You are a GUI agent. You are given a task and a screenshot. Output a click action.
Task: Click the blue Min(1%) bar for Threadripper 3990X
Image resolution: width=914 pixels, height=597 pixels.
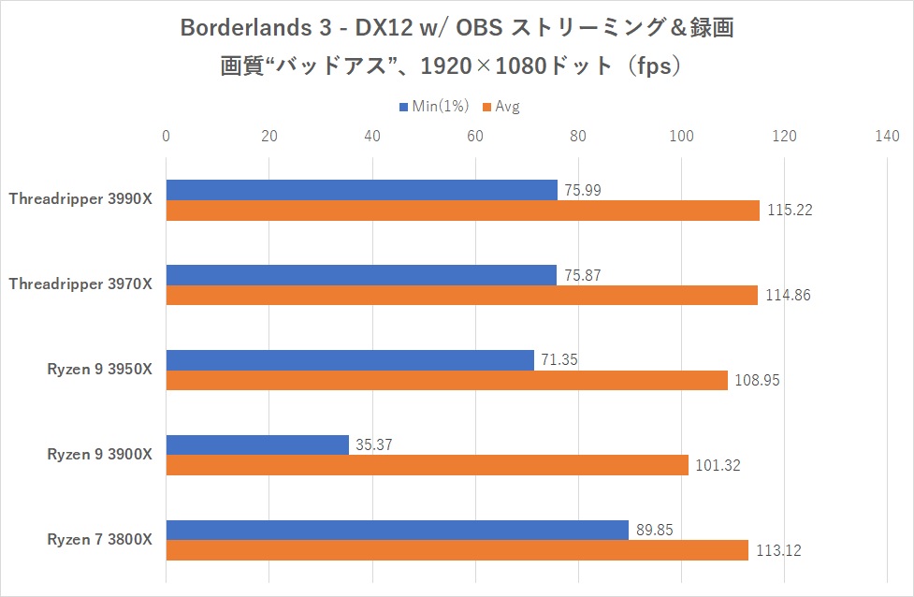point(361,190)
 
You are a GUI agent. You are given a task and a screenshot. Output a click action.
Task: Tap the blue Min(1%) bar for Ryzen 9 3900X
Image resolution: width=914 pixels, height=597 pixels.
point(257,444)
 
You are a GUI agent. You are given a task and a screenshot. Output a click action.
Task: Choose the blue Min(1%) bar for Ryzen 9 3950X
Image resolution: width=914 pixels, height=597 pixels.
point(350,359)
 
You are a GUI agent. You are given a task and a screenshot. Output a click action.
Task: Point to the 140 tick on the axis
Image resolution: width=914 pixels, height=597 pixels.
point(886,137)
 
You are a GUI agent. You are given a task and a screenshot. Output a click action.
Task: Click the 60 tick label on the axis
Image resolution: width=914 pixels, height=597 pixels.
point(474,137)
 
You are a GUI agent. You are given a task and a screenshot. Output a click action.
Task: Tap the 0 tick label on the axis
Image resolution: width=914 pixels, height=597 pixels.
point(166,137)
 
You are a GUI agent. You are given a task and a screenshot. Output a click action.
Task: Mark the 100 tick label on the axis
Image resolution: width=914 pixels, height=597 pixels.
point(681,137)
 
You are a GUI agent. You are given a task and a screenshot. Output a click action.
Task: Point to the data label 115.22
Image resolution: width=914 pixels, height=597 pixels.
point(789,211)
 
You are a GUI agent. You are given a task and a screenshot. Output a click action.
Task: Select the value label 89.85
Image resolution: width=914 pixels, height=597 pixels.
point(655,530)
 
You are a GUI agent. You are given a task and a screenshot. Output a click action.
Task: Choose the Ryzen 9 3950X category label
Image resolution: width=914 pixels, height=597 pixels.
point(99,369)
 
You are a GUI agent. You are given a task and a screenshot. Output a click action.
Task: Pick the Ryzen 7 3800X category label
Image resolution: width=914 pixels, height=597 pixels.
point(99,539)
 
